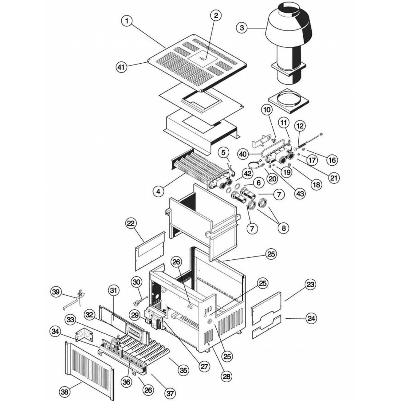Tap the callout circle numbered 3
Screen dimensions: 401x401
point(242,28)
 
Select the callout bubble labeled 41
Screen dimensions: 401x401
point(122,67)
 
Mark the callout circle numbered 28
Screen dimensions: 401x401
point(228,376)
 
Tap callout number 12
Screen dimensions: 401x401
point(300,126)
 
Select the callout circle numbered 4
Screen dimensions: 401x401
point(158,191)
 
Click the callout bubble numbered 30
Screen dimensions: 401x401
point(137,281)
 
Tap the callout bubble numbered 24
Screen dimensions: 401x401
point(311,319)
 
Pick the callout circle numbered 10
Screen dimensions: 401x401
point(267,109)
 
